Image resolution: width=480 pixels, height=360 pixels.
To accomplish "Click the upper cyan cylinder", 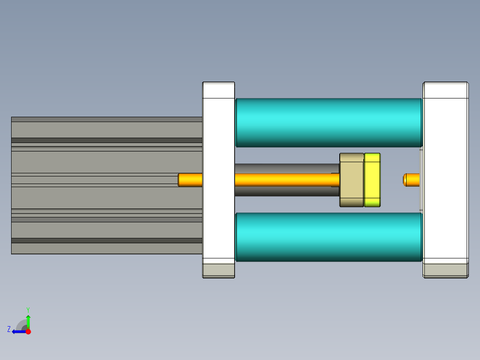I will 328,123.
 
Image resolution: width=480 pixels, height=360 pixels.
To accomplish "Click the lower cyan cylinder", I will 328,237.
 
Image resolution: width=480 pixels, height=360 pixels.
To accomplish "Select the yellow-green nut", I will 372,180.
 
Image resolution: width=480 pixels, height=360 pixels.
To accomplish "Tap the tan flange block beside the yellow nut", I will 352,180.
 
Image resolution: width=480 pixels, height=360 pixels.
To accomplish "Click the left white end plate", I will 219,169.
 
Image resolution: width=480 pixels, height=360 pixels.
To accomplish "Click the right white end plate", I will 445,169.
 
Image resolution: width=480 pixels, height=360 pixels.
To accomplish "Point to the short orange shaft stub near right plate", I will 411,180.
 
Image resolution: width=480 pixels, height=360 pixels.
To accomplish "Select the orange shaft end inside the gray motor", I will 190,180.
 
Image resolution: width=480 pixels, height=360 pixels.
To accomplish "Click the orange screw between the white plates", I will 285,180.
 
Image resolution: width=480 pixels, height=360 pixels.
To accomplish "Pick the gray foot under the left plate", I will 219,270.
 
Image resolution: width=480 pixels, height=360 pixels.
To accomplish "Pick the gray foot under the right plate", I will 445,270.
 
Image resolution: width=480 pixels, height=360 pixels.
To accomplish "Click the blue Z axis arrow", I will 18,331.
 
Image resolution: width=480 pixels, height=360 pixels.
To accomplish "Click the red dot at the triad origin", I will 28,331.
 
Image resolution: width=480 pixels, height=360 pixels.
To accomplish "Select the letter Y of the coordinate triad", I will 28,309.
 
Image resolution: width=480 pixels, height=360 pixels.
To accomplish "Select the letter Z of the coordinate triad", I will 9,329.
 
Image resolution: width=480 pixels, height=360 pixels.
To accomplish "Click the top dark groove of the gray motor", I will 107,140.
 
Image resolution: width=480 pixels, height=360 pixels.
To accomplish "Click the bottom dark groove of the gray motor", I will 107,241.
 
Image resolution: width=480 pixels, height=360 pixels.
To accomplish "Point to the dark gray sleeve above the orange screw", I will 285,168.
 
